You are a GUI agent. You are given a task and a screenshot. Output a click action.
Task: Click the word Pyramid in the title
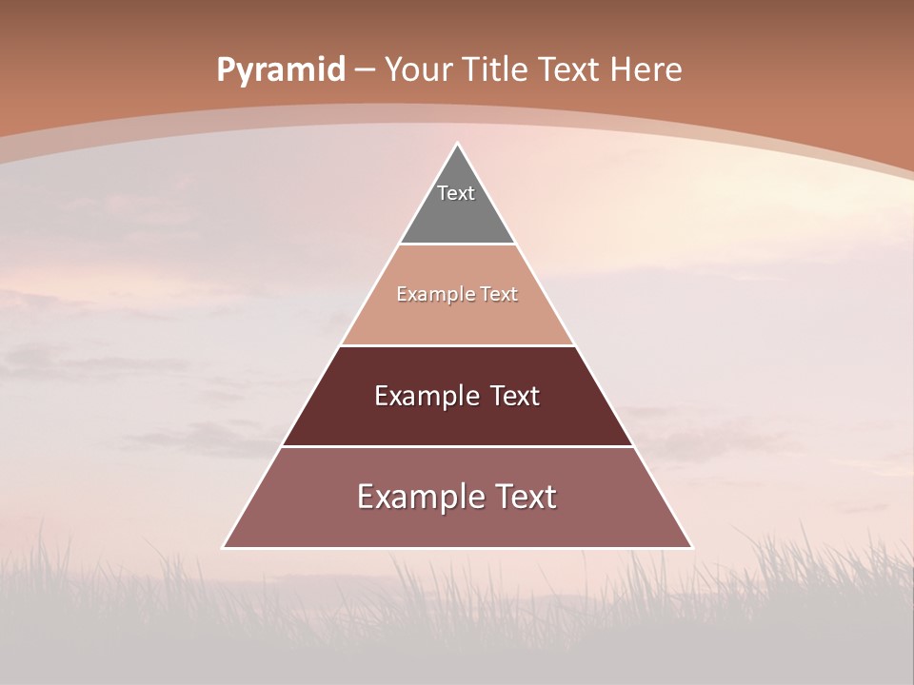[280, 70]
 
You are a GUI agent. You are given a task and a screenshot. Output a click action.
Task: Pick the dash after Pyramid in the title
[364, 70]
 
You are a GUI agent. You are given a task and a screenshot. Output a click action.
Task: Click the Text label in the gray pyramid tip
[456, 193]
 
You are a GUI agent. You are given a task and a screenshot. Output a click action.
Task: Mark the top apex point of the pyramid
[458, 144]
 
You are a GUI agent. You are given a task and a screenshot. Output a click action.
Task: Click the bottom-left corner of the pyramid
[224, 547]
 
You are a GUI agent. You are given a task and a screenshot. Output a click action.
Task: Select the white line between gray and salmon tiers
[458, 245]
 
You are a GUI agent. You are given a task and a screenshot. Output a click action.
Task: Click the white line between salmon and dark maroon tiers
[458, 345]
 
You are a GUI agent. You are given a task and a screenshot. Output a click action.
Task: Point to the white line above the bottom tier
[458, 446]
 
